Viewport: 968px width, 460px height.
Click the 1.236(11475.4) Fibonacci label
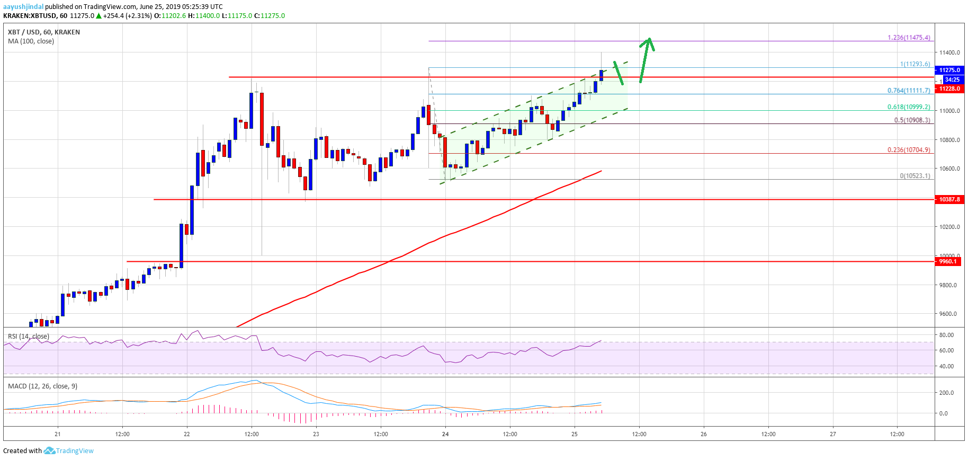click(x=909, y=38)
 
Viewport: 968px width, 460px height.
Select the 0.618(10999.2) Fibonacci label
click(x=909, y=107)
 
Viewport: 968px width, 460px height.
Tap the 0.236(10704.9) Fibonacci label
click(x=909, y=150)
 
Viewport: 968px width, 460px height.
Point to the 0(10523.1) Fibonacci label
click(x=915, y=176)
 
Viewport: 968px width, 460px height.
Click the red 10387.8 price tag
click(x=949, y=200)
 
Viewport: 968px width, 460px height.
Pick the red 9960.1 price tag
click(x=948, y=261)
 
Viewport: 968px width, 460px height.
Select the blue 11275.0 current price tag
click(x=949, y=70)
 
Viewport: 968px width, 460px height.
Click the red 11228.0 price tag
click(x=949, y=89)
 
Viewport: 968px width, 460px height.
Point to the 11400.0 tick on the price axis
click(x=949, y=52)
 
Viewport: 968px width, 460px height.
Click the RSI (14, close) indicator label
click(x=29, y=337)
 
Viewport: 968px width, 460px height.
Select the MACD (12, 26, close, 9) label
click(x=42, y=386)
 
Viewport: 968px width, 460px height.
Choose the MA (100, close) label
click(x=31, y=41)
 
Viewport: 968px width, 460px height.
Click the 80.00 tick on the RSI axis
click(x=946, y=335)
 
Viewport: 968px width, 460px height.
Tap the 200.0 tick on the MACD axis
click(x=946, y=393)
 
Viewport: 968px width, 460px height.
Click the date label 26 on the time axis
click(x=704, y=434)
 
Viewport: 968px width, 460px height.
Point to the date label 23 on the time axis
click(x=316, y=434)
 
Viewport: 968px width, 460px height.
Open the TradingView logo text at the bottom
click(x=75, y=451)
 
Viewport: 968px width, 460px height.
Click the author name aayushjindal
click(x=23, y=7)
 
